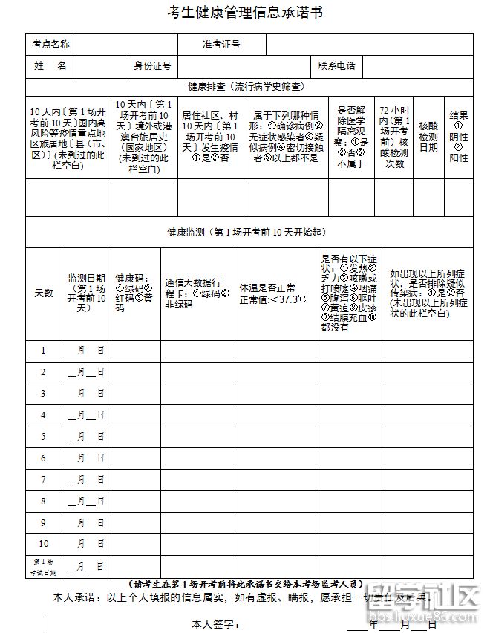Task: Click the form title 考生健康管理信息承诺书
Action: pos(245,13)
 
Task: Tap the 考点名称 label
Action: pos(51,45)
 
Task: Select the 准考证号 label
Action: pos(221,45)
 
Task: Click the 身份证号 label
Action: pos(152,66)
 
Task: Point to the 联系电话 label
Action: pos(336,66)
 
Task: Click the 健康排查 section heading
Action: pos(245,86)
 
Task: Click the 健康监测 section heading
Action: pos(245,233)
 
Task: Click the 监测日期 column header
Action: pos(87,293)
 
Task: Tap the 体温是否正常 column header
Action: pos(272,293)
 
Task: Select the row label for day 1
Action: pos(44,351)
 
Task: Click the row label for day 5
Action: pos(44,437)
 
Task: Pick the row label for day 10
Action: pos(44,544)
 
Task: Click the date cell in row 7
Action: pos(87,480)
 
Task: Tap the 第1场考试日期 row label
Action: pos(44,567)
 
